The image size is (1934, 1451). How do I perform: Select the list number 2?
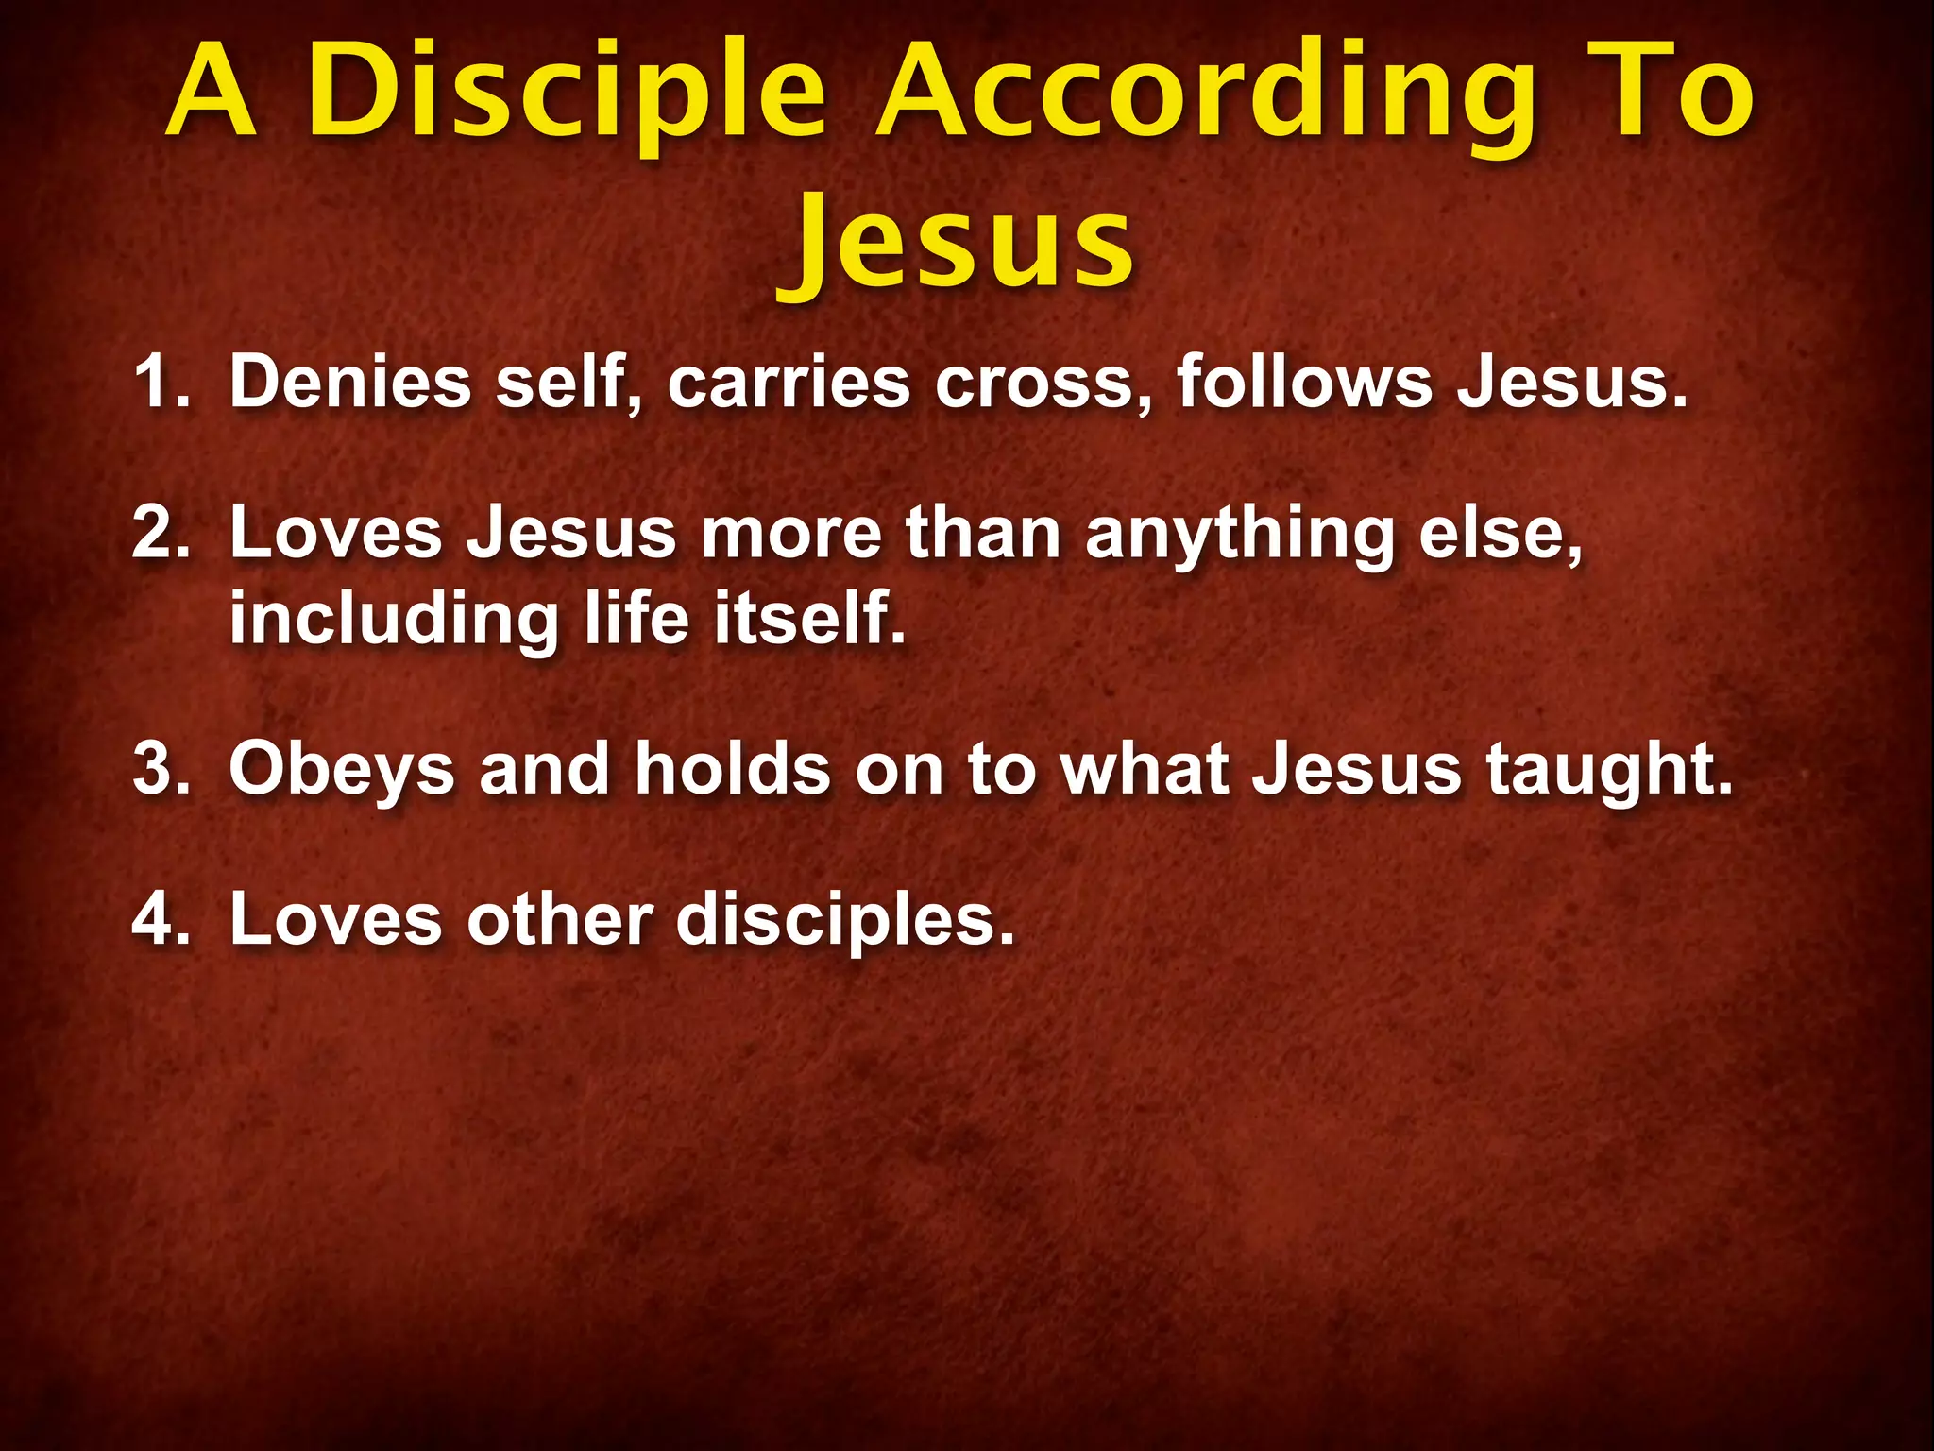tap(161, 533)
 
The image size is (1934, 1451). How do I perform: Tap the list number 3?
tap(161, 768)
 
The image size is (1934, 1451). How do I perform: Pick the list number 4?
tap(161, 918)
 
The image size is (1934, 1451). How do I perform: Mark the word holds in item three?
tap(733, 768)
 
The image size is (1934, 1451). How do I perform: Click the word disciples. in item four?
tap(845, 920)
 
